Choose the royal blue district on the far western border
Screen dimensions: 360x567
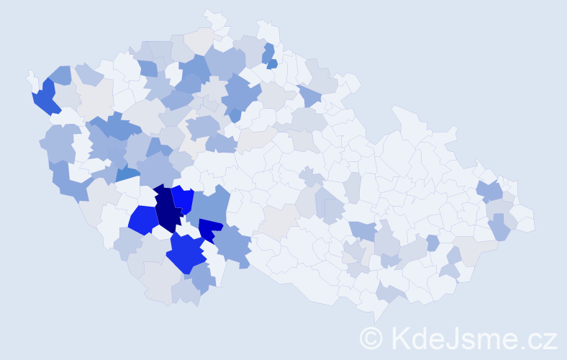coord(44,98)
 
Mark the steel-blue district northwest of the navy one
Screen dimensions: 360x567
coord(127,173)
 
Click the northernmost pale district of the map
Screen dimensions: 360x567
coord(214,19)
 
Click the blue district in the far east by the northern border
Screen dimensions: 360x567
coord(491,191)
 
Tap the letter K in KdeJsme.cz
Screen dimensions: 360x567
coord(399,337)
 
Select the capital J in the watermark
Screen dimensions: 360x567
coord(450,337)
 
